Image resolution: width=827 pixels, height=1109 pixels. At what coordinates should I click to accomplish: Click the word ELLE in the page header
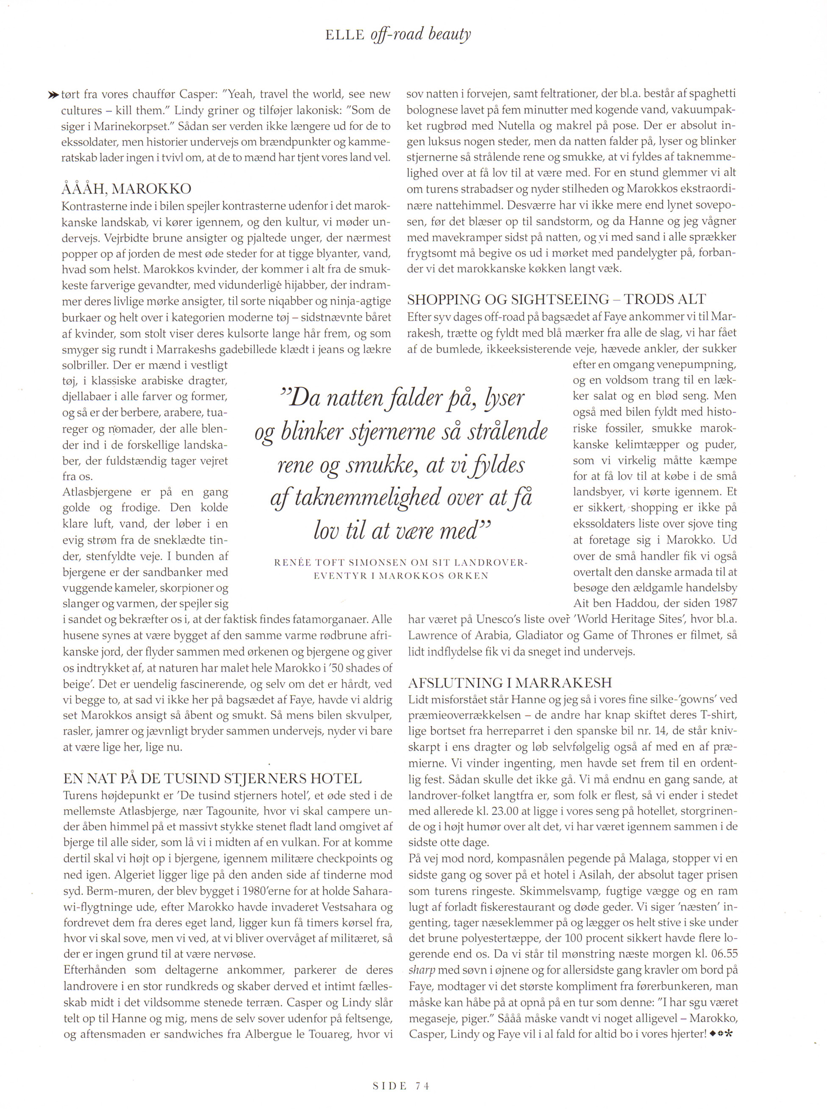[x=345, y=36]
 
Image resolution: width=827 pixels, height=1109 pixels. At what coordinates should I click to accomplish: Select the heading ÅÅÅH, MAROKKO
[x=126, y=189]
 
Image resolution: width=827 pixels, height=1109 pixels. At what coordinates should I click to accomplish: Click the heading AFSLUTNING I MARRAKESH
[x=510, y=683]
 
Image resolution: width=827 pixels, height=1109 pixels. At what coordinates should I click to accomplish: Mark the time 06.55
[x=719, y=954]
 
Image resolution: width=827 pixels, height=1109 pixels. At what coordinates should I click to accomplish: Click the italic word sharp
[x=422, y=970]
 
